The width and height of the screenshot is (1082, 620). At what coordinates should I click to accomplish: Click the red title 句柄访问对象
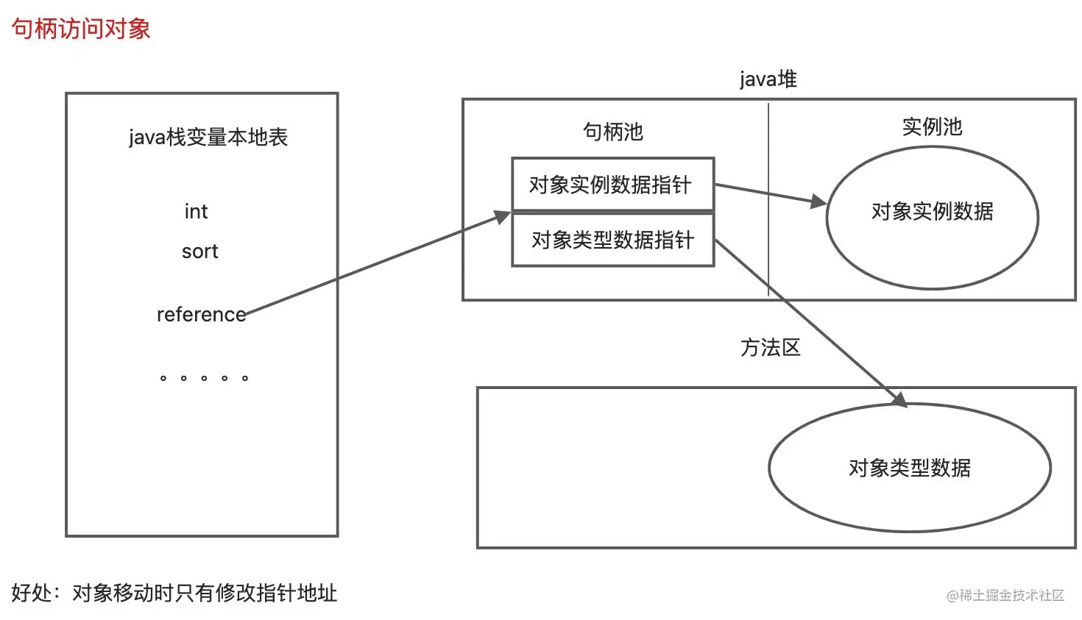click(x=81, y=29)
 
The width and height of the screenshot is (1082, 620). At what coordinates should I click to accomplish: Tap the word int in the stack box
click(x=196, y=212)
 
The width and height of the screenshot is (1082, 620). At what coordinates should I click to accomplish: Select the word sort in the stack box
click(x=199, y=252)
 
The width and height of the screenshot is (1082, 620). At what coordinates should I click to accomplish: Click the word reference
click(x=201, y=315)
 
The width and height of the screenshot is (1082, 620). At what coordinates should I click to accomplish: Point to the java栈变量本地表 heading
click(x=208, y=138)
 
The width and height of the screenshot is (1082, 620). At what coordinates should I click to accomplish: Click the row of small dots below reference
click(x=204, y=378)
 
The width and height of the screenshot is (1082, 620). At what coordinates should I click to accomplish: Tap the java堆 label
click(x=768, y=79)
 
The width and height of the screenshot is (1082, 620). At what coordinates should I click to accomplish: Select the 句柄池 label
click(x=612, y=132)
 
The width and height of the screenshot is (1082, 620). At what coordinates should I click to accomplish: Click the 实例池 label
click(x=932, y=127)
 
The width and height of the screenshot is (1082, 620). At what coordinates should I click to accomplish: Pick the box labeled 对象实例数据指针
click(x=612, y=184)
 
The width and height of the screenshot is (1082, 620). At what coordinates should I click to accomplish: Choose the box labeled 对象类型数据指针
click(x=612, y=240)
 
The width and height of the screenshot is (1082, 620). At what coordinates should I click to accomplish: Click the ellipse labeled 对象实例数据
click(x=932, y=218)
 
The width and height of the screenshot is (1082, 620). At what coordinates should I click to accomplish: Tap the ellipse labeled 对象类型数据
click(x=909, y=468)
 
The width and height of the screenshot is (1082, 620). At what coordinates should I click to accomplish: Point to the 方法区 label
click(x=770, y=348)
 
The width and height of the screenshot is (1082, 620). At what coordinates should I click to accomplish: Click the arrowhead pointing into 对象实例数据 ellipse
click(x=818, y=201)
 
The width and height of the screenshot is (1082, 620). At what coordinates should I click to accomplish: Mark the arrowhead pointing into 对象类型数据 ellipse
click(x=899, y=399)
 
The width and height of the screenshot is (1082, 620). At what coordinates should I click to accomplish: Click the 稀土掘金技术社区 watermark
click(x=1005, y=595)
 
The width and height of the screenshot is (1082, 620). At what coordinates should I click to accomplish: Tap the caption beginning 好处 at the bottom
click(x=174, y=593)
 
